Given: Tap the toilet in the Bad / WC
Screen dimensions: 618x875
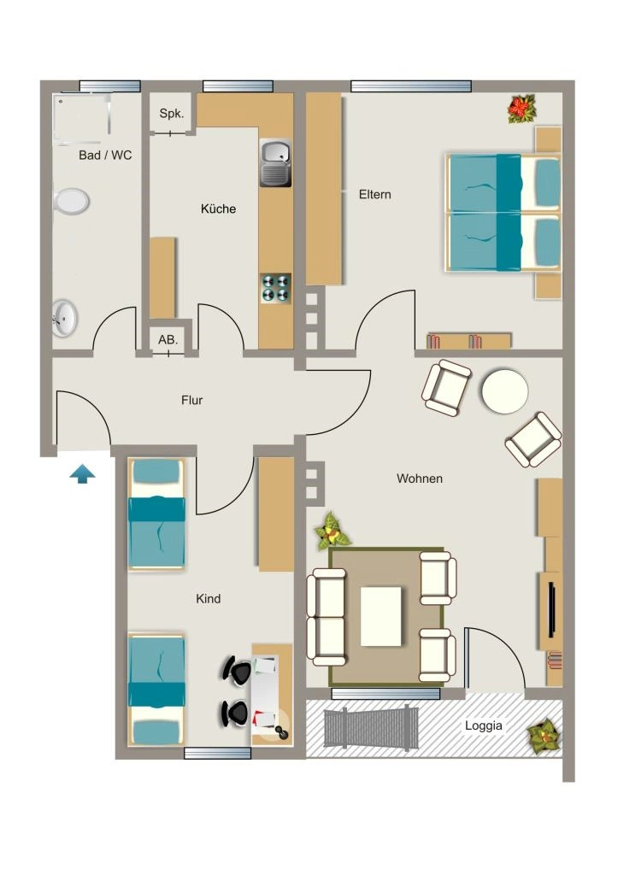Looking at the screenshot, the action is (x=72, y=201).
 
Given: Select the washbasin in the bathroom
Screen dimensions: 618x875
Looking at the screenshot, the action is (x=65, y=319).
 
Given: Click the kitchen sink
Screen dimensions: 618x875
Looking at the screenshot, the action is (x=275, y=163).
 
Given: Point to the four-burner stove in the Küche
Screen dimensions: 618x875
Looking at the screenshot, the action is (x=276, y=288).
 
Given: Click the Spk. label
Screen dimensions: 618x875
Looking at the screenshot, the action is (x=172, y=114).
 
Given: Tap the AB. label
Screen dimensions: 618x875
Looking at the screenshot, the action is (x=168, y=339).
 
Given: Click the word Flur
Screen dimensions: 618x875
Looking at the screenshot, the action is (x=192, y=400).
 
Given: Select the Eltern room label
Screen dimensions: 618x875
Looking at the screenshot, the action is (x=374, y=194).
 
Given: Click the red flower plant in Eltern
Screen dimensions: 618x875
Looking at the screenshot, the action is (x=521, y=109).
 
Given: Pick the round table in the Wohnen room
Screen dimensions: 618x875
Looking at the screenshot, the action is (x=504, y=391).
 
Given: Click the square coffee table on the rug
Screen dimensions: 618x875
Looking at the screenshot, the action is (x=380, y=616).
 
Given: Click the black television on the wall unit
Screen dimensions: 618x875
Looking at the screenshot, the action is (x=551, y=609).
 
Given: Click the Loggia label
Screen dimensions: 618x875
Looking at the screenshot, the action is (x=484, y=725).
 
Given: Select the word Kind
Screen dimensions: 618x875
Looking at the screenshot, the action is (x=209, y=599).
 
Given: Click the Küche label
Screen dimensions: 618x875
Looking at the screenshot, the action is (x=218, y=208).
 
